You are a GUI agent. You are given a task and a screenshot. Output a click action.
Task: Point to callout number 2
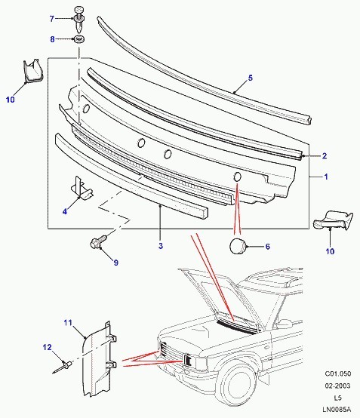pos(325,156)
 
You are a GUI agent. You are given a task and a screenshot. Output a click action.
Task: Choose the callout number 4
pos(65,213)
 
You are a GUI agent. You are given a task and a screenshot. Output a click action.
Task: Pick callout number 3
pos(161,246)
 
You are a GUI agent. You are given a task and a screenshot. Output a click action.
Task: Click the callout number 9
pos(115,263)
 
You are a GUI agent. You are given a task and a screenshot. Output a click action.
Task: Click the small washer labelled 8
pos(79,38)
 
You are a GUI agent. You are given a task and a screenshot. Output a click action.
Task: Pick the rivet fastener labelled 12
pos(63,366)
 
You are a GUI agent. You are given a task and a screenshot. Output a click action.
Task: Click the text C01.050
pos(337,373)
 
